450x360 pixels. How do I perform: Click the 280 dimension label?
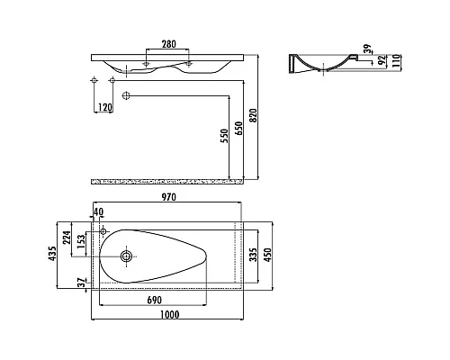coord(169,44)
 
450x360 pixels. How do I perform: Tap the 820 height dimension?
coord(254,115)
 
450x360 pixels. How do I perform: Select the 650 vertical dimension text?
coord(239,129)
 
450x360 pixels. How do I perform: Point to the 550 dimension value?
coord(225,136)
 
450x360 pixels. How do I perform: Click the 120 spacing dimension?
coord(105,107)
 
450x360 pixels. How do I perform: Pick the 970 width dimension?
coord(169,197)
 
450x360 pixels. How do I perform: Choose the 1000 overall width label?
coord(169,315)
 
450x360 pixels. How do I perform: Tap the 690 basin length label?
coord(155,300)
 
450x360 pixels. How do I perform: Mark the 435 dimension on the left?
coord(52,254)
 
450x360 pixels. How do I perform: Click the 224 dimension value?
coord(67,238)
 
